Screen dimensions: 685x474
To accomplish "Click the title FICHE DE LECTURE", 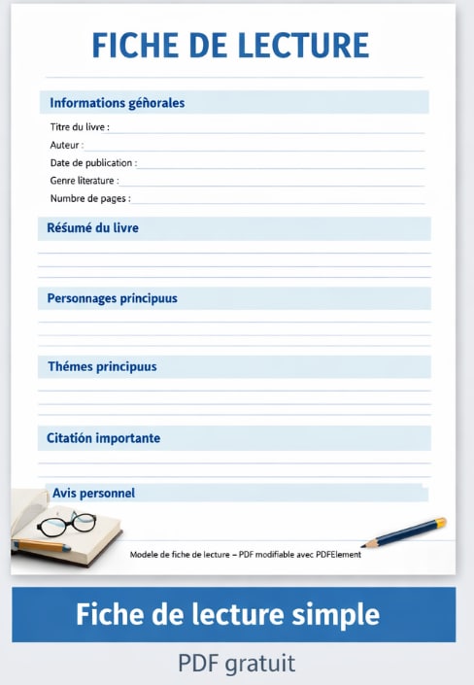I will (x=230, y=46).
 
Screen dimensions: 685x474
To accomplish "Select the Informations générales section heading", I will (x=117, y=103).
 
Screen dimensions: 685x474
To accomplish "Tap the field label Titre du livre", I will (x=80, y=127).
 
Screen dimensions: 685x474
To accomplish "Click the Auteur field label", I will (x=67, y=145).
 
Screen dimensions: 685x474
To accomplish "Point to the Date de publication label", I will (x=93, y=162).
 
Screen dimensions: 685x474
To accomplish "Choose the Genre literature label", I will (x=85, y=180).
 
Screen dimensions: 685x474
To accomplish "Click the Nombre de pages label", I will (x=90, y=198).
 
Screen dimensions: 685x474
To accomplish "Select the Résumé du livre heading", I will (x=93, y=228).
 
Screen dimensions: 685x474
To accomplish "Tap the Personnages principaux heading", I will (x=113, y=298).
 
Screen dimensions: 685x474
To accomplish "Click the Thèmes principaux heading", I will (x=102, y=367).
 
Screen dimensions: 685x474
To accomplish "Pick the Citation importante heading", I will (x=104, y=438).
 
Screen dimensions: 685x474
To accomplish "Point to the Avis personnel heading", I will (x=93, y=493).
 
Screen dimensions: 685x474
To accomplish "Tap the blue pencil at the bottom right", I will (x=405, y=532).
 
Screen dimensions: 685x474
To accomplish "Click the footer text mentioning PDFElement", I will (x=245, y=555).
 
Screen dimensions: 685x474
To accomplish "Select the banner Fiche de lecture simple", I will (x=233, y=615).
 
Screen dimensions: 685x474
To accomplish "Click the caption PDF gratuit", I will (x=236, y=664).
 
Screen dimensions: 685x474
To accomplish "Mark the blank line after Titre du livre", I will (x=267, y=128).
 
